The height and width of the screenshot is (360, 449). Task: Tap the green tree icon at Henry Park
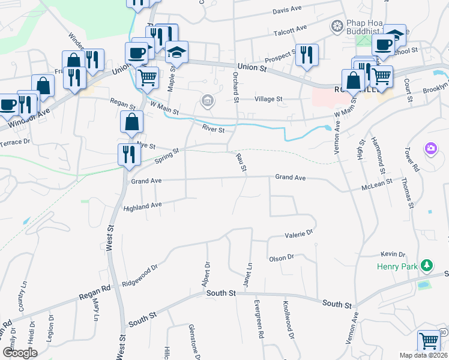point(427,265)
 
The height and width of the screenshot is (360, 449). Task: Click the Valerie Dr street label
point(300,233)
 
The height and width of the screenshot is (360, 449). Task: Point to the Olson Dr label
point(282,257)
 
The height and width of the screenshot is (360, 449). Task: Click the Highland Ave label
point(143,206)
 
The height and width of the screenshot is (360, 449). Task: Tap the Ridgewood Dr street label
point(139,274)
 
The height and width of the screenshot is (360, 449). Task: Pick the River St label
point(213,129)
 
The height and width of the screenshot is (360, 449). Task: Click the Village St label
point(268,99)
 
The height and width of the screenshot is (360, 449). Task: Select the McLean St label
point(376,187)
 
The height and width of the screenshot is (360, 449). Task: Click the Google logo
point(20,353)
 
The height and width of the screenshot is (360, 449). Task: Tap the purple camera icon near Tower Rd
point(430,148)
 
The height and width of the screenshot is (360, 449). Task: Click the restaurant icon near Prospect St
point(307,55)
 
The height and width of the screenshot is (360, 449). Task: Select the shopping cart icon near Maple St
point(147,77)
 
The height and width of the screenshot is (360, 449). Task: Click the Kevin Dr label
point(393,254)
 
